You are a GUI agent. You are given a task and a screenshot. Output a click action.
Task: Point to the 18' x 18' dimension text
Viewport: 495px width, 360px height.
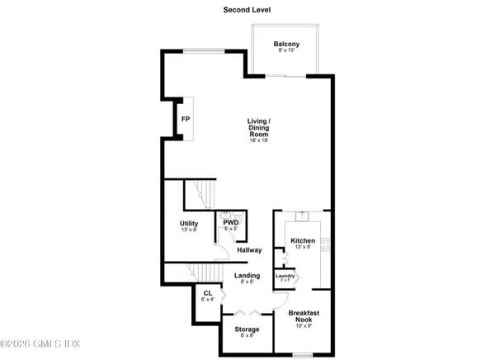pyautogui.click(x=260, y=140)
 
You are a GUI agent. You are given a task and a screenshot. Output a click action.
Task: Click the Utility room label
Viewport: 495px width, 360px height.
pyautogui.click(x=190, y=223)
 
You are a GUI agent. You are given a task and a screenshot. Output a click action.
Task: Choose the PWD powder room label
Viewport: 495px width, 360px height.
pyautogui.click(x=230, y=221)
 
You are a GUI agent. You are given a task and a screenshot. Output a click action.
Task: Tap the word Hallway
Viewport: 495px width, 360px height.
pyautogui.click(x=249, y=250)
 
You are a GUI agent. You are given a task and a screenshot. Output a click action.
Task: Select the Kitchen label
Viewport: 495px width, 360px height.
pyautogui.click(x=301, y=241)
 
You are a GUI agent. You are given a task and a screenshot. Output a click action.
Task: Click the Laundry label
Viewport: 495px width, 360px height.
pyautogui.click(x=285, y=276)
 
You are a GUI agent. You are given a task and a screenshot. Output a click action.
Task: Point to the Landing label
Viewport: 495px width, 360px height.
pyautogui.click(x=247, y=276)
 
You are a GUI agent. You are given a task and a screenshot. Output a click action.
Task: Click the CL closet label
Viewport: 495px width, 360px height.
pyautogui.click(x=207, y=292)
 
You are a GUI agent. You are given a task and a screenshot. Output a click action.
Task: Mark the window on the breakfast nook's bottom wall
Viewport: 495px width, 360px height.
pyautogui.click(x=302, y=355)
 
